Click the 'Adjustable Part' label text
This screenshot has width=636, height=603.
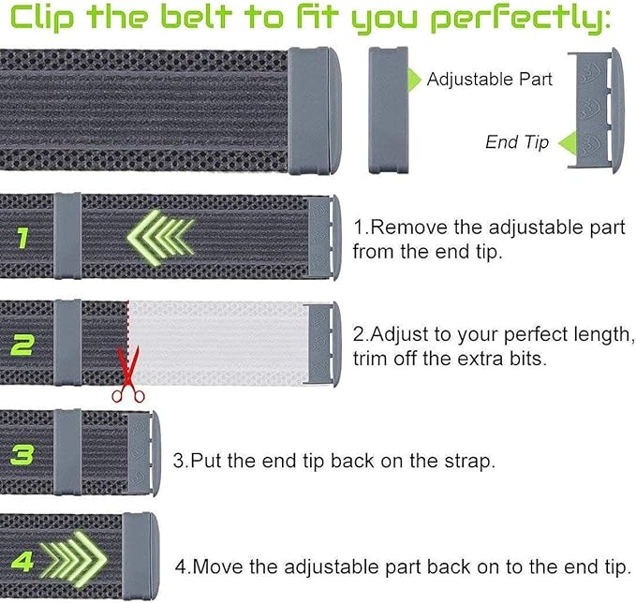[x=489, y=80]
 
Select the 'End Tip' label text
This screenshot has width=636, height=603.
[x=515, y=142]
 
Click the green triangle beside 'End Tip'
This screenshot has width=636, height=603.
[x=566, y=142]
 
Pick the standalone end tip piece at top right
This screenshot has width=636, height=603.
[x=590, y=110]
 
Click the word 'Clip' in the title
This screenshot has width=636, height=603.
[x=43, y=17]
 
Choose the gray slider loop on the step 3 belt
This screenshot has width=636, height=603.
[x=67, y=453]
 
